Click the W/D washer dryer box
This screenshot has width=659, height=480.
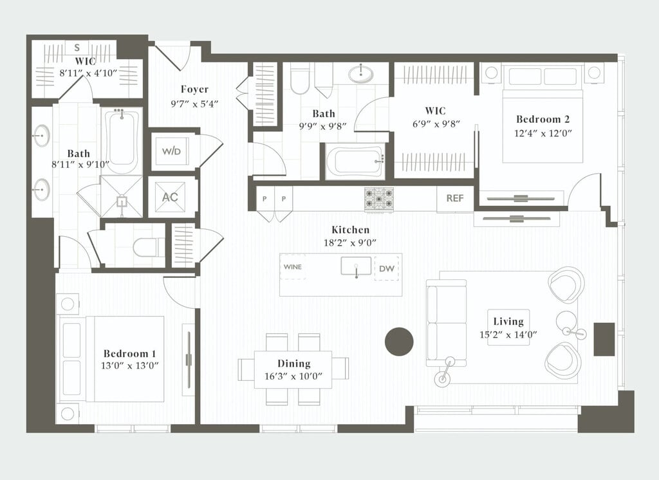click(171, 151)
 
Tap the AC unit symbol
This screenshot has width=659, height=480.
click(170, 197)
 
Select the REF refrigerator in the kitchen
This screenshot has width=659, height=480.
click(455, 198)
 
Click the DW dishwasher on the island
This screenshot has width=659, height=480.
click(387, 268)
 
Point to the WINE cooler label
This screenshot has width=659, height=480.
click(293, 267)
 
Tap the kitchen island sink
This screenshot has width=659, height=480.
click(356, 266)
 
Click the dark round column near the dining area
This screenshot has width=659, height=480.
click(399, 341)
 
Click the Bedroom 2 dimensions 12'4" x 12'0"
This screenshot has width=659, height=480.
click(543, 133)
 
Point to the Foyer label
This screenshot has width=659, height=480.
click(194, 89)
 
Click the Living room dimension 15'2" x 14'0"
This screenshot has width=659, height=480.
click(508, 335)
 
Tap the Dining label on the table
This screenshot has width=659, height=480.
click(293, 364)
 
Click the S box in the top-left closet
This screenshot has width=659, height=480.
click(77, 48)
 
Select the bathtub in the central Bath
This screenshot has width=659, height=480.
click(355, 161)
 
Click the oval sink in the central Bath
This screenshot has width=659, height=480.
click(360, 73)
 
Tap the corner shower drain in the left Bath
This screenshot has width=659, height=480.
click(122, 201)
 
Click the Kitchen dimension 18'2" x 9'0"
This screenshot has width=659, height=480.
click(350, 243)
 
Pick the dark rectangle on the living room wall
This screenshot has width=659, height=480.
click(604, 339)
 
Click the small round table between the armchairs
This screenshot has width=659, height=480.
click(566, 322)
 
